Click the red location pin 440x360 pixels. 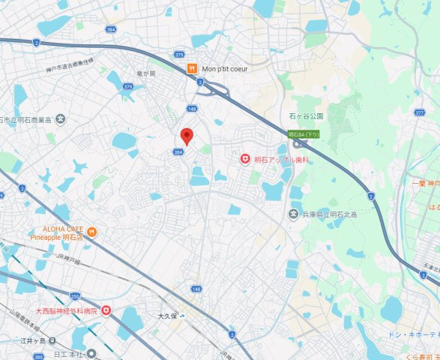pos(187,136)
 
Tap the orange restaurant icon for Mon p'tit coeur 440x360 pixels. pos(192,68)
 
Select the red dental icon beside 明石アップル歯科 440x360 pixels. pos(244,159)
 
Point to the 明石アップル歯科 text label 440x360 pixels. pos(282,160)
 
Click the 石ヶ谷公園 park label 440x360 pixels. pos(305,116)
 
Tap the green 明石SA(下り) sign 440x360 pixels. pos(304,134)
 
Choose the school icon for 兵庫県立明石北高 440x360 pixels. pos(294,215)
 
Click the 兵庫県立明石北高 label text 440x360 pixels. pos(334,216)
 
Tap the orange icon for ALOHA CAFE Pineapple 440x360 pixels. pos(91,231)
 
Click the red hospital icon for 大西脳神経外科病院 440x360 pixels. pos(106,310)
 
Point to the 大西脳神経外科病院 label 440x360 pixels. pos(67,310)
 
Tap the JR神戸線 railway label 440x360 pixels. pos(67,260)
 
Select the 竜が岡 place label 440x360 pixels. pos(145,73)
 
